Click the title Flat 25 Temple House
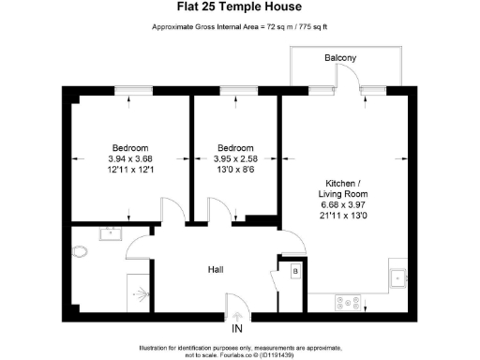(239, 9)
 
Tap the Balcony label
(339, 58)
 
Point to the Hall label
(215, 270)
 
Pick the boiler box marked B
(294, 272)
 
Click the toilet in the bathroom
(79, 251)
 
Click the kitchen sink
(398, 276)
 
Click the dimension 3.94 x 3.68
(129, 159)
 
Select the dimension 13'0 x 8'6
(235, 171)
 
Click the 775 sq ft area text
(308, 26)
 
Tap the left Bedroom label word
(129, 148)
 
